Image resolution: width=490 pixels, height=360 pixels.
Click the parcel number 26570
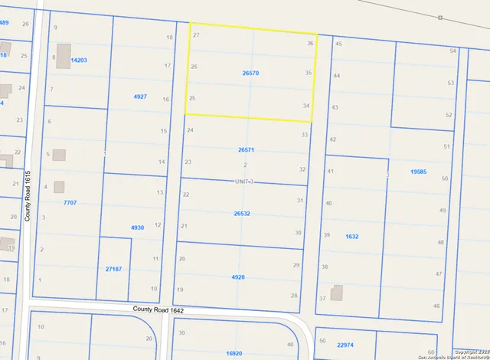pos(250,73)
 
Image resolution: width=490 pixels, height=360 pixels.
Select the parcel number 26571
pos(246,150)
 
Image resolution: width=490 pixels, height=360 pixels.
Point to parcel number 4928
pos(239,277)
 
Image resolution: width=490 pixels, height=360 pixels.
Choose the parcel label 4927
pos(140,97)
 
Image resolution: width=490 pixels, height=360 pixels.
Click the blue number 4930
pos(138,227)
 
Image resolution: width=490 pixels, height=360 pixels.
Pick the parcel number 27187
pos(113,269)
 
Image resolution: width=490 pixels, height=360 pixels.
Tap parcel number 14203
pos(78,60)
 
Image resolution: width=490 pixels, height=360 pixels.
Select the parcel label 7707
pos(70,202)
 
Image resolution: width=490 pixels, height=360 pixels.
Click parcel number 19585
pos(418,172)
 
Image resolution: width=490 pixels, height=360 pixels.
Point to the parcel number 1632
pos(352,237)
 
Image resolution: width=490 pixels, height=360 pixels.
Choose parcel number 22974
pos(346,345)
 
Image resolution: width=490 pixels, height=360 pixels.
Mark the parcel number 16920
pos(234,353)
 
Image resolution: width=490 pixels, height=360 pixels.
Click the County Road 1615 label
pos(28,196)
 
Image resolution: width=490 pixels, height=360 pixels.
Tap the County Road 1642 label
pos(158,310)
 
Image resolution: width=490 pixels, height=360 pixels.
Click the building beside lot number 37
pos(337,293)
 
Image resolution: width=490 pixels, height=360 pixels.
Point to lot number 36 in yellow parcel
pos(309,44)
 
